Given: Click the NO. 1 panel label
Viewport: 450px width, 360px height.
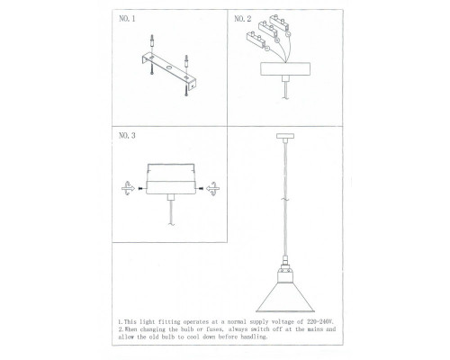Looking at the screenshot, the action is (127, 19).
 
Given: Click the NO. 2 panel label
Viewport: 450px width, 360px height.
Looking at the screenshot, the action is (242, 19).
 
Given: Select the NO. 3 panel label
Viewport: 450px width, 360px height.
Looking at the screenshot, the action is (127, 136).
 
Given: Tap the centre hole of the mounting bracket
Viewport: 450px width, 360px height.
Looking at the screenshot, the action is (169, 68).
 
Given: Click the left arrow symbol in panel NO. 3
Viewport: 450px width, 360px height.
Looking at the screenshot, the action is (128, 188).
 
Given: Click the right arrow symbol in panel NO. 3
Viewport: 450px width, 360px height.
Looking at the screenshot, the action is (213, 189).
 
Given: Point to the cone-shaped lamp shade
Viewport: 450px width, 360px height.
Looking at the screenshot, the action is (285, 297).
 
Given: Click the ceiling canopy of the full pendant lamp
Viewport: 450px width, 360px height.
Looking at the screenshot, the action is (285, 136).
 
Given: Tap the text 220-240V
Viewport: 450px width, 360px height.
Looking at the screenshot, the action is (320, 322).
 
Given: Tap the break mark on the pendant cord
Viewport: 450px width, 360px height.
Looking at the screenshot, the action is (285, 199).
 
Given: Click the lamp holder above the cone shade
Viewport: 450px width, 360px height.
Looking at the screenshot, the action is (285, 272).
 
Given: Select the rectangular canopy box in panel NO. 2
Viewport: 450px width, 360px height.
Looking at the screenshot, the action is (285, 68).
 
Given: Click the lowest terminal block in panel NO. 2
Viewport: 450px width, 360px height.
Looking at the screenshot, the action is (256, 40).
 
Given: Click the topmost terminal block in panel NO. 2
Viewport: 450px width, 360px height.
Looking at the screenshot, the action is (279, 23).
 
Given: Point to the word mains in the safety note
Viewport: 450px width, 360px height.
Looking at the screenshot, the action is (315, 329).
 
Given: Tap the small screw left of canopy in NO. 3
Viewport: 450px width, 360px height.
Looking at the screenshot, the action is (140, 189).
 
